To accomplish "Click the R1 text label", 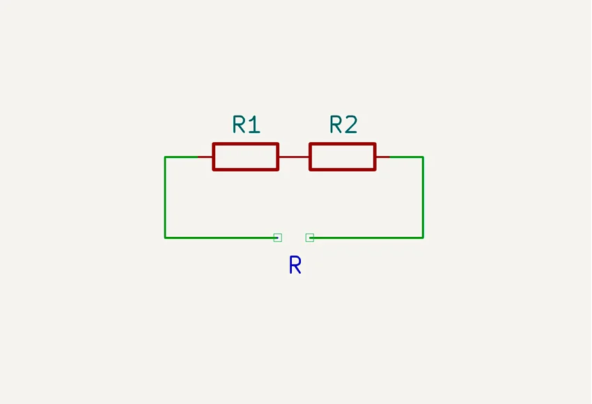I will pos(246,125).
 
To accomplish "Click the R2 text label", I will pos(343,125).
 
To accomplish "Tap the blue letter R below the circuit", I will pos(295,265).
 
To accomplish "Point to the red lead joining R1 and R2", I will pos(294,157).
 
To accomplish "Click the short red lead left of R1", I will pos(205,157).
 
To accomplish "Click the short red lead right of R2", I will pos(382,157).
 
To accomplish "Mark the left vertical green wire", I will pos(165,197).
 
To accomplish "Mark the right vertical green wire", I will pos(423,197).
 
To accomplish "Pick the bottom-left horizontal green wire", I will pos(219,238).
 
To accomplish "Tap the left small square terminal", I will pos(278,238).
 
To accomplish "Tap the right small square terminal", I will pos(310,238).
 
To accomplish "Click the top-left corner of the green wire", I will pos(165,157).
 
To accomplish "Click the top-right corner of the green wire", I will pos(423,157).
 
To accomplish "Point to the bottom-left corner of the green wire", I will pos(165,238).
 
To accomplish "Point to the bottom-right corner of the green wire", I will pos(423,238).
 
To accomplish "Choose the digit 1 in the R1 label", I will pos(254,125).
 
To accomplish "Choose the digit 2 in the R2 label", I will pos(351,125).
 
